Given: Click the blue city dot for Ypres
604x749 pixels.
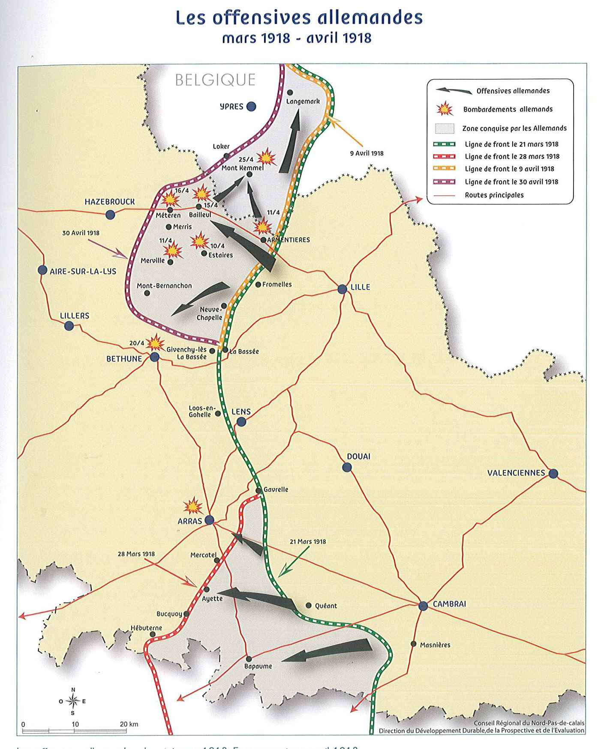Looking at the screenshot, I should click(x=251, y=107).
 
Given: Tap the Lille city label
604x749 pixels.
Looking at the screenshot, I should click(x=360, y=287).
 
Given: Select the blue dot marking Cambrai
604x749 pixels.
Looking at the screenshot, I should click(x=423, y=606).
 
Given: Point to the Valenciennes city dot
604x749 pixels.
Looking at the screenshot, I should click(x=553, y=474).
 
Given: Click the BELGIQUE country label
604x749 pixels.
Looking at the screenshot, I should click(x=215, y=80).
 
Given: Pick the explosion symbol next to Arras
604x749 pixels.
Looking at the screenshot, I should click(x=193, y=506).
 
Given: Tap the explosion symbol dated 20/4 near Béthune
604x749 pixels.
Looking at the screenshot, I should click(x=155, y=343).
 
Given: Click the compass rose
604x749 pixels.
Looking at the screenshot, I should click(x=73, y=701).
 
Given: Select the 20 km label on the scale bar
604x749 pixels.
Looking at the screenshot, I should click(x=129, y=724).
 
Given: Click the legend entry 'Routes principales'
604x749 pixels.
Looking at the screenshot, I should click(x=494, y=195).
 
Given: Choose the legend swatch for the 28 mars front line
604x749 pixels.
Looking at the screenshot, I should click(x=444, y=157).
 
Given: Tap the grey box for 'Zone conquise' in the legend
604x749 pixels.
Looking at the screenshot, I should click(x=444, y=128).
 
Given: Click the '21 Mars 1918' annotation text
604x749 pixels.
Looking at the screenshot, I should click(x=307, y=542).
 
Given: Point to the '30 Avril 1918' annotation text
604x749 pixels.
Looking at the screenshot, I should click(x=81, y=233).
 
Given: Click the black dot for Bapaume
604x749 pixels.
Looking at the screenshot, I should click(x=249, y=659).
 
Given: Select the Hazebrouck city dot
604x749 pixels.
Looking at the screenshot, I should click(x=110, y=215).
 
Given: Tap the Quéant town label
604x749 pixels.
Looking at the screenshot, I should click(x=326, y=606).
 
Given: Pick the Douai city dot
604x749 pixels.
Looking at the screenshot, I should click(x=347, y=467).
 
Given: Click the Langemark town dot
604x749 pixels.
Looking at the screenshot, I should click(x=290, y=93).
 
